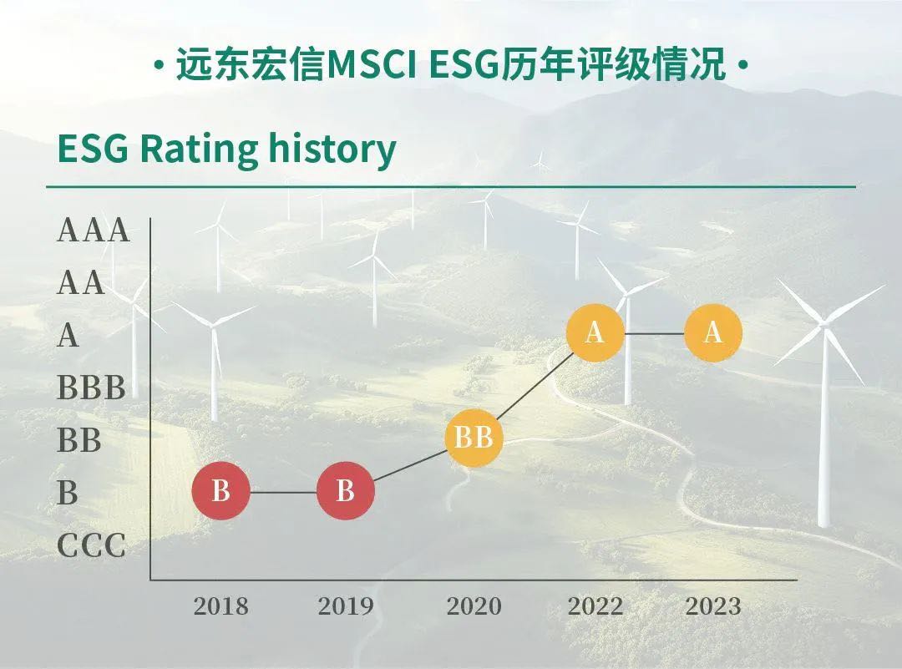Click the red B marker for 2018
pyautogui.click(x=220, y=490)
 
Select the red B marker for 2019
pyautogui.click(x=345, y=490)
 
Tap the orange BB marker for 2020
pyautogui.click(x=474, y=438)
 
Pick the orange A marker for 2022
pyautogui.click(x=595, y=333)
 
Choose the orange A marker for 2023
pyautogui.click(x=712, y=333)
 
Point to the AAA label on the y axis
pyautogui.click(x=94, y=231)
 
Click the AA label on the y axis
pyautogui.click(x=81, y=283)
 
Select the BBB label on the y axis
pyautogui.click(x=92, y=388)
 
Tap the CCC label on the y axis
pyautogui.click(x=92, y=545)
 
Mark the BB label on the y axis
pyautogui.click(x=79, y=440)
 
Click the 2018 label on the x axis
pyautogui.click(x=220, y=606)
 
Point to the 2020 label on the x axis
pyautogui.click(x=474, y=606)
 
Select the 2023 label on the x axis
pyautogui.click(x=713, y=606)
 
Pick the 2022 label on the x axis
pyautogui.click(x=595, y=606)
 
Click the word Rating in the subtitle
pyautogui.click(x=199, y=150)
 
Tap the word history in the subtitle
pyautogui.click(x=332, y=150)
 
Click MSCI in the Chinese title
pyautogui.click(x=372, y=65)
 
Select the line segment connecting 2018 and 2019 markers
pyautogui.click(x=283, y=493)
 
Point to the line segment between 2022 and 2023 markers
pyautogui.click(x=654, y=333)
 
